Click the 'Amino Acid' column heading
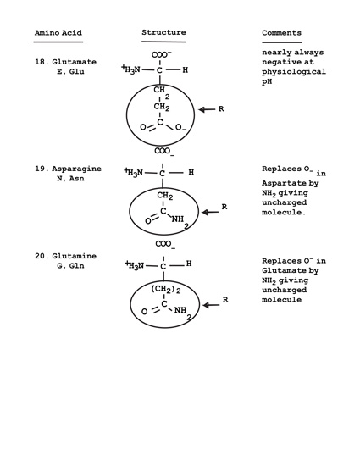[x=58, y=33]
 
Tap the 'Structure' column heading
[x=163, y=32]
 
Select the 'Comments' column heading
[x=281, y=33]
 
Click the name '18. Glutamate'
[x=65, y=62]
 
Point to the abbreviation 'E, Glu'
[x=70, y=72]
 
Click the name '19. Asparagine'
[x=68, y=169]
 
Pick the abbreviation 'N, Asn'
[x=70, y=178]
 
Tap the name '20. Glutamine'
[x=65, y=256]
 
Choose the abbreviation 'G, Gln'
[x=70, y=266]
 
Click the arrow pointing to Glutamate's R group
[x=207, y=109]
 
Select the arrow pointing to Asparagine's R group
[x=210, y=212]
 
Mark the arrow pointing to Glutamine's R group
[x=211, y=305]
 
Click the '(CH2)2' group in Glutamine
[x=166, y=289]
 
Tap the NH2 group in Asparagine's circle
[x=180, y=221]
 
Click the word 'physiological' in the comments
[x=294, y=72]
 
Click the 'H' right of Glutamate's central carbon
[x=185, y=70]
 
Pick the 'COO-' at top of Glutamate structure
[x=162, y=55]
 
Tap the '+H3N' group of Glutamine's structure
[x=135, y=265]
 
